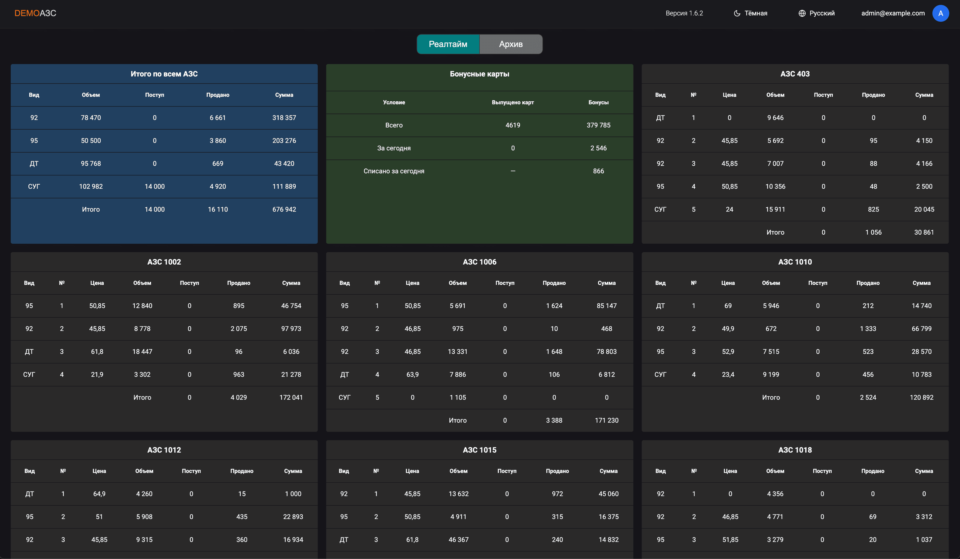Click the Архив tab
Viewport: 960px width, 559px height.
click(x=510, y=44)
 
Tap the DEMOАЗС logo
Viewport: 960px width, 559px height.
click(x=35, y=13)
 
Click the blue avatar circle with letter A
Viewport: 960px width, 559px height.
click(x=940, y=13)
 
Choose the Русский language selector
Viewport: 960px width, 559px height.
click(x=816, y=13)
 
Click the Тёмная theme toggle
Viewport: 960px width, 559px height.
click(x=750, y=13)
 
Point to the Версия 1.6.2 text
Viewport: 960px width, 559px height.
click(x=684, y=13)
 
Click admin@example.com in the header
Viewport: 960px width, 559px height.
click(x=892, y=13)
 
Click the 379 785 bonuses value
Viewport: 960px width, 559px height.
click(x=598, y=125)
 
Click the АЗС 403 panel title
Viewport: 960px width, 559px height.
click(x=795, y=74)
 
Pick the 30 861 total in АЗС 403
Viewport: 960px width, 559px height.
click(x=924, y=232)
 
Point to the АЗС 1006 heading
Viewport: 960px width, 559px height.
click(x=479, y=262)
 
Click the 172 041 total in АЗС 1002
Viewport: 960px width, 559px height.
click(x=291, y=397)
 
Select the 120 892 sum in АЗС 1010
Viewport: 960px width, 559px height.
click(x=921, y=397)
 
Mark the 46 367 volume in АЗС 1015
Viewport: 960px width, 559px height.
click(x=458, y=539)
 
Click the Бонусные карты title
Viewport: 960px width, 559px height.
click(x=479, y=74)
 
